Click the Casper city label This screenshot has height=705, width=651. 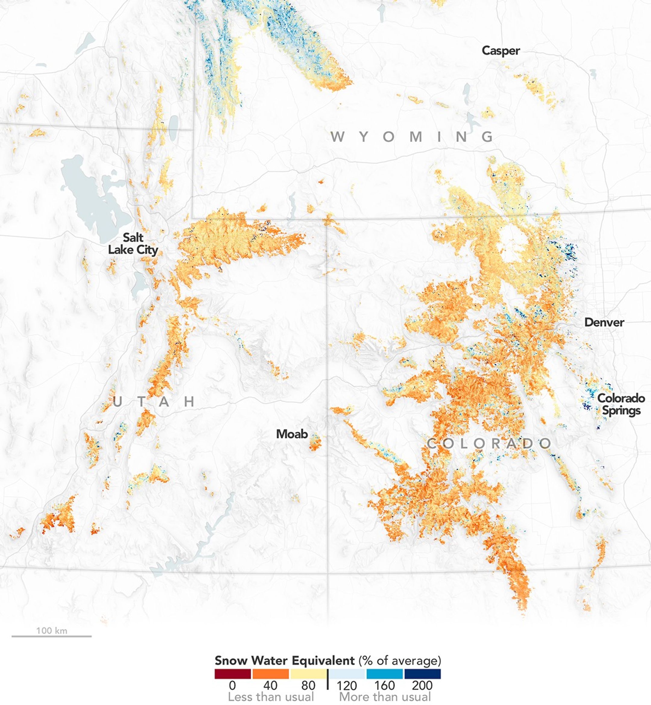tap(501, 51)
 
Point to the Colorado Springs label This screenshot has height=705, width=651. tap(621, 404)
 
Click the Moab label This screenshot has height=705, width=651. tap(292, 434)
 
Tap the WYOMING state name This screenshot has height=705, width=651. tap(412, 136)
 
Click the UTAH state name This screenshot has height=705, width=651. tap(154, 402)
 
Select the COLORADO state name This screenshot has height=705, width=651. tap(489, 443)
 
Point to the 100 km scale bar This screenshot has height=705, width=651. tap(52, 636)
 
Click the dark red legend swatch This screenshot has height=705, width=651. tap(232, 674)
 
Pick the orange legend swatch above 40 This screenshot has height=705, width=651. tap(270, 674)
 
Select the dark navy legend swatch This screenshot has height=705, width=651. tap(422, 674)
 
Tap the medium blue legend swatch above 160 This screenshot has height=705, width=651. tap(384, 674)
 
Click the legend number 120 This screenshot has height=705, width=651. tap(347, 685)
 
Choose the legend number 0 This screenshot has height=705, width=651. tap(232, 685)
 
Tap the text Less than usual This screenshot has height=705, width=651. tap(270, 697)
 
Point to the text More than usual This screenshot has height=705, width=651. tap(385, 697)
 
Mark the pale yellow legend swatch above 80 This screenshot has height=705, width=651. tap(308, 674)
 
